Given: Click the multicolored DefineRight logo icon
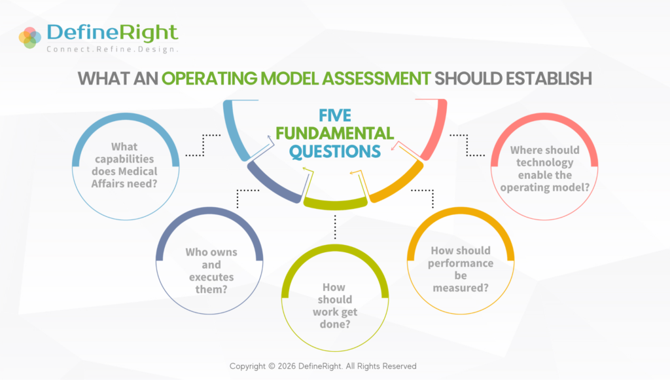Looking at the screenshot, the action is click(30, 37).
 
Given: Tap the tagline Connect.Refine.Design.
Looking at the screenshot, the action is click(112, 49).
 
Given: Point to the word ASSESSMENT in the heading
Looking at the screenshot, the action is click(376, 79).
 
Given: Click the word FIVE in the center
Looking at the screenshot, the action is click(335, 115).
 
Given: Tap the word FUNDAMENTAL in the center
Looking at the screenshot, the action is click(334, 134).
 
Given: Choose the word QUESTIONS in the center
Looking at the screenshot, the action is click(334, 151).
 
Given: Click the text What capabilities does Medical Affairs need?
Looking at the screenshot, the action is click(124, 165).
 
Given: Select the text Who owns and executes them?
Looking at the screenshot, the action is click(211, 271).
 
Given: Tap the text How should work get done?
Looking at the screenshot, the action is click(334, 305).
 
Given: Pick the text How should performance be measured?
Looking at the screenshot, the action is click(461, 269).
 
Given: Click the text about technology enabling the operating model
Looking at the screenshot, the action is click(545, 168).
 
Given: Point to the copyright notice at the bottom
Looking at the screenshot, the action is click(323, 366).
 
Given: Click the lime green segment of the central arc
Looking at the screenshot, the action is click(336, 204).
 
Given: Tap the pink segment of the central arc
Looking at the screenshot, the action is click(436, 128).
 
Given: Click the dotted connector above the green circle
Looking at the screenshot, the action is click(335, 227).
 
